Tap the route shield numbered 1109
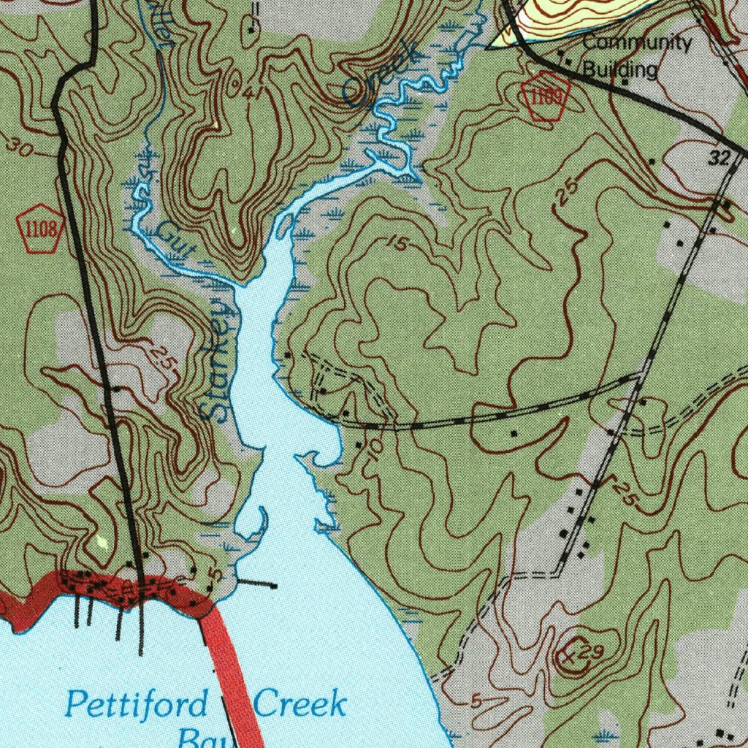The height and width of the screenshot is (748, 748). [546, 96]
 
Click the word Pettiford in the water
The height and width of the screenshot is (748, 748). [136, 705]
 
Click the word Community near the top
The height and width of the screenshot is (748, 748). [636, 42]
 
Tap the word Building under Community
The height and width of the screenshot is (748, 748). [620, 69]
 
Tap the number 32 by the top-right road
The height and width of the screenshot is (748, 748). [720, 158]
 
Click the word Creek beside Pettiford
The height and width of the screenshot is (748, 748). [299, 705]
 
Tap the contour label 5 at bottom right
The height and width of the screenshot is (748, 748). [476, 702]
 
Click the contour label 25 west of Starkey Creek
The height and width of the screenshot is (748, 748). [162, 359]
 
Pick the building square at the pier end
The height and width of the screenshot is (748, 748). [274, 585]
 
